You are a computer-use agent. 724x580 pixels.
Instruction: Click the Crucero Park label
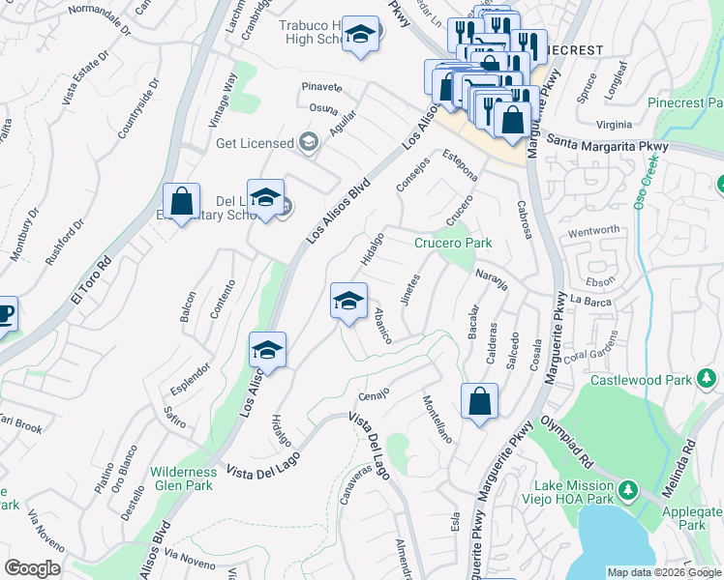[x=453, y=244]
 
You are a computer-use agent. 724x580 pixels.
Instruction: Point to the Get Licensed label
[x=255, y=143]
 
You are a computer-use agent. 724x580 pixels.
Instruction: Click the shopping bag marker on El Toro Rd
[x=181, y=203]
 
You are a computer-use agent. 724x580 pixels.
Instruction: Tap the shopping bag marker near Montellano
[x=479, y=401]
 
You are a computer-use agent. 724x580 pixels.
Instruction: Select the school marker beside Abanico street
[x=348, y=303]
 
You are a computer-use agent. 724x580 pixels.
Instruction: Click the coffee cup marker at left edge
[x=4, y=315]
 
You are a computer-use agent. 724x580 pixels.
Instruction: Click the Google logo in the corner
[x=32, y=567]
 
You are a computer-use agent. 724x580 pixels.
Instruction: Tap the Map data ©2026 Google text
[x=665, y=572]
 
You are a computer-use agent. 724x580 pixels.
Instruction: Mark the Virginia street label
[x=614, y=125]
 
